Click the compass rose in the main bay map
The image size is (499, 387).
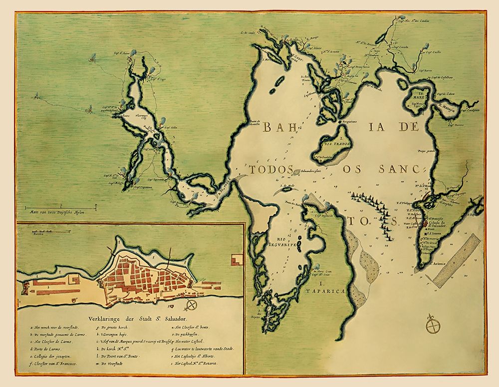coord(432,326)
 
